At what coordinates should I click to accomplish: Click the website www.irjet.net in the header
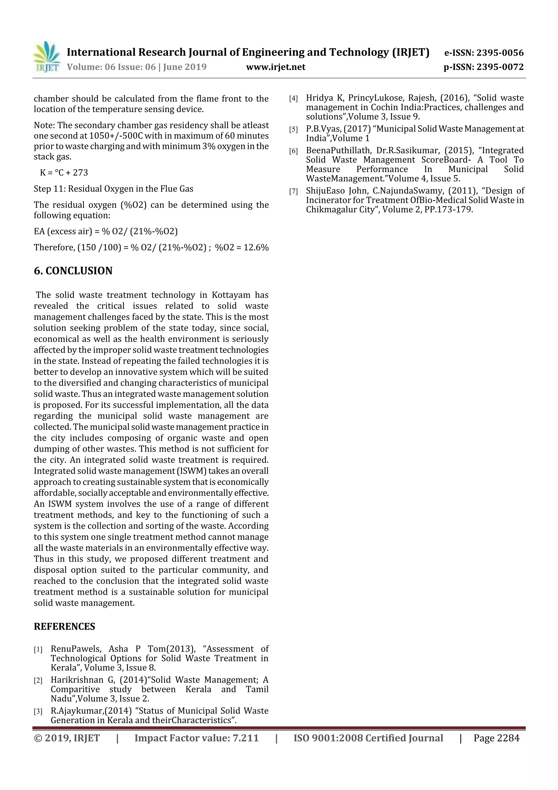coord(276,67)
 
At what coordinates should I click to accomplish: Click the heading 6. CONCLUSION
coord(73,271)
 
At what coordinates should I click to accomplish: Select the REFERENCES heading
coord(64,626)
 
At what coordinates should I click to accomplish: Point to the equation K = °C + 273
coord(64,172)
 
